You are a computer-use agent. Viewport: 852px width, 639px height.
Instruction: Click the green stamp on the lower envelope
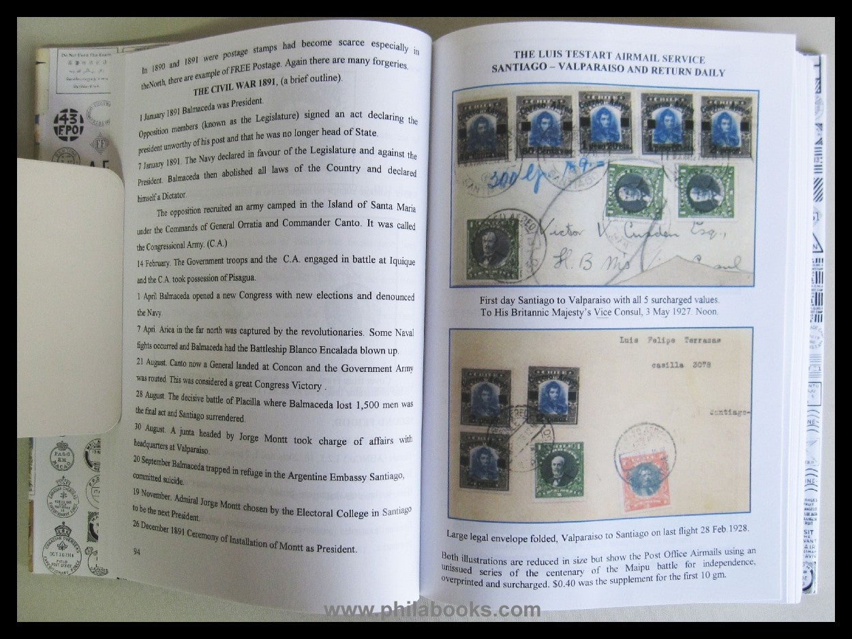click(558, 469)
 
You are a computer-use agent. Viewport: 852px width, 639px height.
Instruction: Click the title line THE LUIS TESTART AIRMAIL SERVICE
click(609, 59)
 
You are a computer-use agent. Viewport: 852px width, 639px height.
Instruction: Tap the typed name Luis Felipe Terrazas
click(672, 340)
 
